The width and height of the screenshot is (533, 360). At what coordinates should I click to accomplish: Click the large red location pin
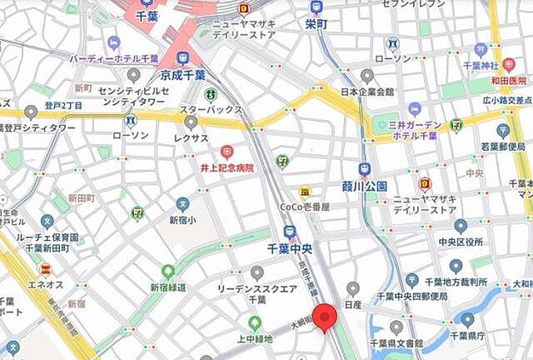pyautogui.click(x=324, y=317)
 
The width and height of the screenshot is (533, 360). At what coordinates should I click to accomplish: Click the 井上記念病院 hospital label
pyautogui.click(x=227, y=167)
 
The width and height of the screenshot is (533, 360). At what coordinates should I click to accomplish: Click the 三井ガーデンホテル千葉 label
pyautogui.click(x=414, y=130)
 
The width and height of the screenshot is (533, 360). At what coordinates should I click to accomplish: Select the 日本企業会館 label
pyautogui.click(x=368, y=92)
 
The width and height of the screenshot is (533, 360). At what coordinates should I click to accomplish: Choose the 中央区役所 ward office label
pyautogui.click(x=461, y=242)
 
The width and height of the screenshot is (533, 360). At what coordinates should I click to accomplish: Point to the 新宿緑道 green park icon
pyautogui.click(x=168, y=272)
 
